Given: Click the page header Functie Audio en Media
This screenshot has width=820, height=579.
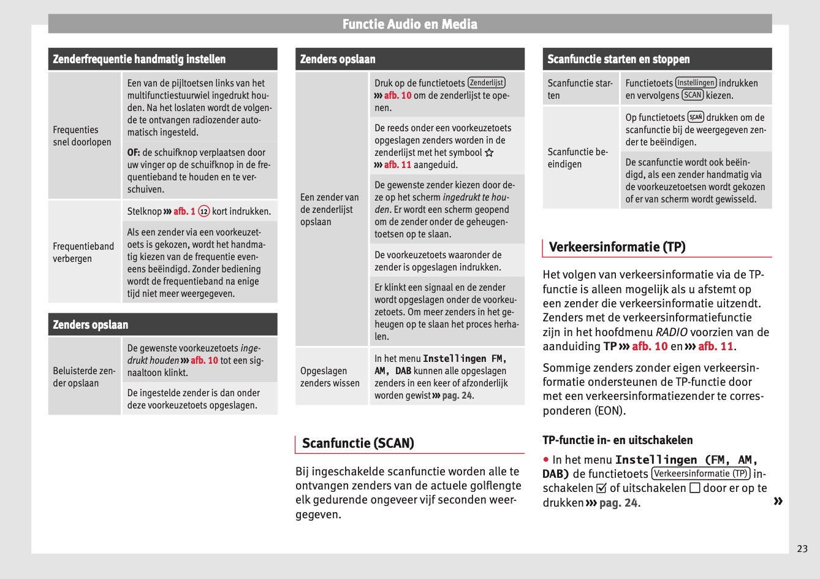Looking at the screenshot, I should click(x=409, y=25).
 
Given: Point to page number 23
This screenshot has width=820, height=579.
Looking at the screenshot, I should click(x=802, y=548).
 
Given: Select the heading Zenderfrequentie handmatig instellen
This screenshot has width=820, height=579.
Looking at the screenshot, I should click(x=139, y=59).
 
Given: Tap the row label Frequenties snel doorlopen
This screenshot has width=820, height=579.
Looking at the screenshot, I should click(x=82, y=136).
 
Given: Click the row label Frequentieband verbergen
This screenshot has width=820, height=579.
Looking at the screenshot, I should click(x=83, y=252).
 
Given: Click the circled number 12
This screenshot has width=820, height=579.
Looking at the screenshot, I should click(x=203, y=212).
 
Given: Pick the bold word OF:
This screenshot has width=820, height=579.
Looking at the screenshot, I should click(x=134, y=153).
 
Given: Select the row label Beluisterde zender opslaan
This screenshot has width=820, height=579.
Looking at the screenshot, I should click(x=84, y=377).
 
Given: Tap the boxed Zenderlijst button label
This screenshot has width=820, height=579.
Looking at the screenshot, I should click(x=486, y=83).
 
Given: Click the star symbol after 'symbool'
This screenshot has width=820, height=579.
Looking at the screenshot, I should click(x=489, y=153).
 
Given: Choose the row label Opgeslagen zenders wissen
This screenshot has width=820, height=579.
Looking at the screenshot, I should click(x=330, y=377).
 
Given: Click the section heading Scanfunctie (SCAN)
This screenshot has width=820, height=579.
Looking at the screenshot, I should click(x=358, y=443).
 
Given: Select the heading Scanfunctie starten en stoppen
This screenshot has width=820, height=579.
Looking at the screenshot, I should click(x=618, y=59).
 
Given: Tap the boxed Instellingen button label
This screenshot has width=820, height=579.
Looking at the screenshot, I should click(x=696, y=83).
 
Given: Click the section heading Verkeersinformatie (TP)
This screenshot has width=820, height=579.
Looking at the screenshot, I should click(x=617, y=247).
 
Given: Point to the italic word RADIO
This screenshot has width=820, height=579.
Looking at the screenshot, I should click(x=671, y=332).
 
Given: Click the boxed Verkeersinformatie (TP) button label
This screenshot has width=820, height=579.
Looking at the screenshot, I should click(x=700, y=474).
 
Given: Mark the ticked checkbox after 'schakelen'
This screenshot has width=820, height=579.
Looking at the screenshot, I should click(x=601, y=489).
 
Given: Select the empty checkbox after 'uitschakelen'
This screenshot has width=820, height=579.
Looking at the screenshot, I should click(x=694, y=488).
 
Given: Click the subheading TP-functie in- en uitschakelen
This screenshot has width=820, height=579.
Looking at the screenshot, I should click(x=617, y=440).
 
